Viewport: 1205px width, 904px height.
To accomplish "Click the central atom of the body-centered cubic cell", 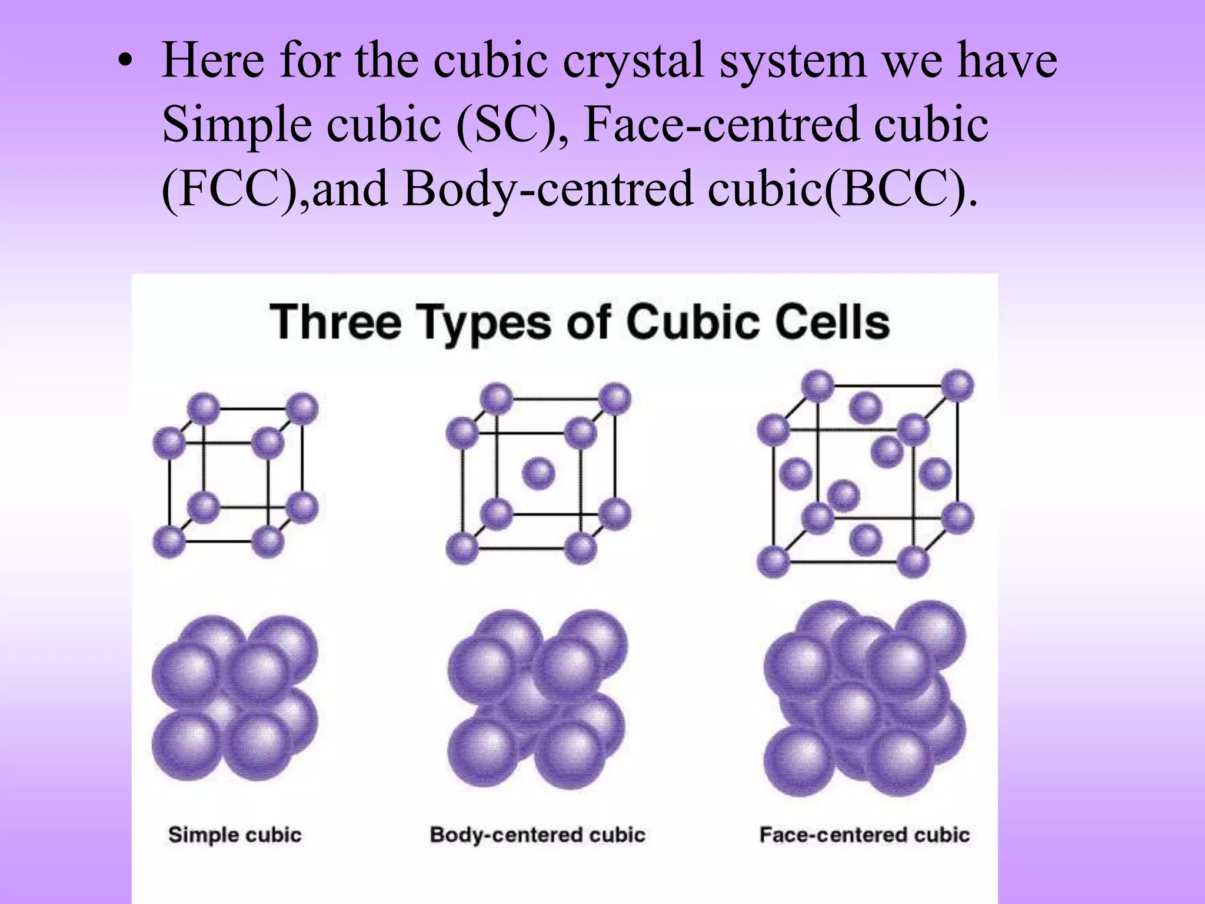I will [538, 473].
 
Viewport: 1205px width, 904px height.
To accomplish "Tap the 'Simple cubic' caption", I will [235, 835].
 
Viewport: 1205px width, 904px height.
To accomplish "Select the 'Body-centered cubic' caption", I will [537, 835].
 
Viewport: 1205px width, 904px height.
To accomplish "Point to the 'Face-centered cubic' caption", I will [864, 835].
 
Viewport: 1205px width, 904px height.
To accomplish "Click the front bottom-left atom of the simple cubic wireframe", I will [169, 541].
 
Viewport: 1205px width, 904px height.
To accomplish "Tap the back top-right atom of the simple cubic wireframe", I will [303, 408].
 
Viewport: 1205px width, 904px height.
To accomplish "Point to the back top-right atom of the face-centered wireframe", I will [958, 385].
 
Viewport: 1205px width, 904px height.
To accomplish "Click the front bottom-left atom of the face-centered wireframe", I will [773, 561].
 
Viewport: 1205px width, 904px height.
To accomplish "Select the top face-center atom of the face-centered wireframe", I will [866, 407].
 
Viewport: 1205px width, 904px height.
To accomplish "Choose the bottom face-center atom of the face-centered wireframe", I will [866, 540].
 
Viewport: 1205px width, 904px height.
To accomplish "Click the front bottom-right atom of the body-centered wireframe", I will [581, 549].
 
